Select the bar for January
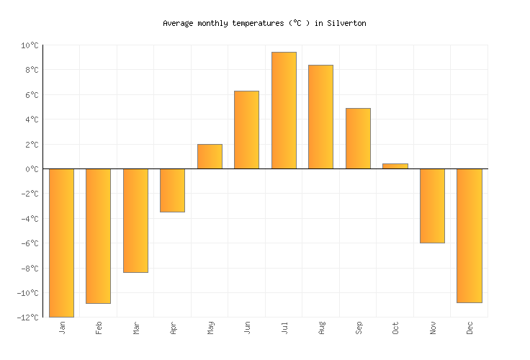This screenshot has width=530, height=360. pos(61,243)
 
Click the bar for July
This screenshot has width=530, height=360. pos(284,110)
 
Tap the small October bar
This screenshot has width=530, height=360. pos(395,166)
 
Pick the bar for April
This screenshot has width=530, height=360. pos(172,190)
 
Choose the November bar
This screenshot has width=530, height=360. pos(432,206)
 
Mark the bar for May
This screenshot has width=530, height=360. pos(210,156)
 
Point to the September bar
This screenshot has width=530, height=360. pos(358,138)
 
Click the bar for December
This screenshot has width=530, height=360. pos(469,235)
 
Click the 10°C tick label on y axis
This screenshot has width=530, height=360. pos(29,45)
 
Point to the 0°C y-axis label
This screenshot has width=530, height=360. pos(31,169)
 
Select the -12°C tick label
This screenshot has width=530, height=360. pos(27,318)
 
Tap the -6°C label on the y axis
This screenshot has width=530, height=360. pos(29,243)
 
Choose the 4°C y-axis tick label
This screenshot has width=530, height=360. pos(31,120)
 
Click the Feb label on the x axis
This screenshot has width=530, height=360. pos(99,328)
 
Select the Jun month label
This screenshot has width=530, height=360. pos(248,328)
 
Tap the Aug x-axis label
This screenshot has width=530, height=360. pos(322,328)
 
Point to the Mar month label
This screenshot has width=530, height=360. pos(136,328)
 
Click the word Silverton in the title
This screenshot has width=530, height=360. pos(346,23)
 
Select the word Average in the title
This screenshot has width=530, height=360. pos(178,23)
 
